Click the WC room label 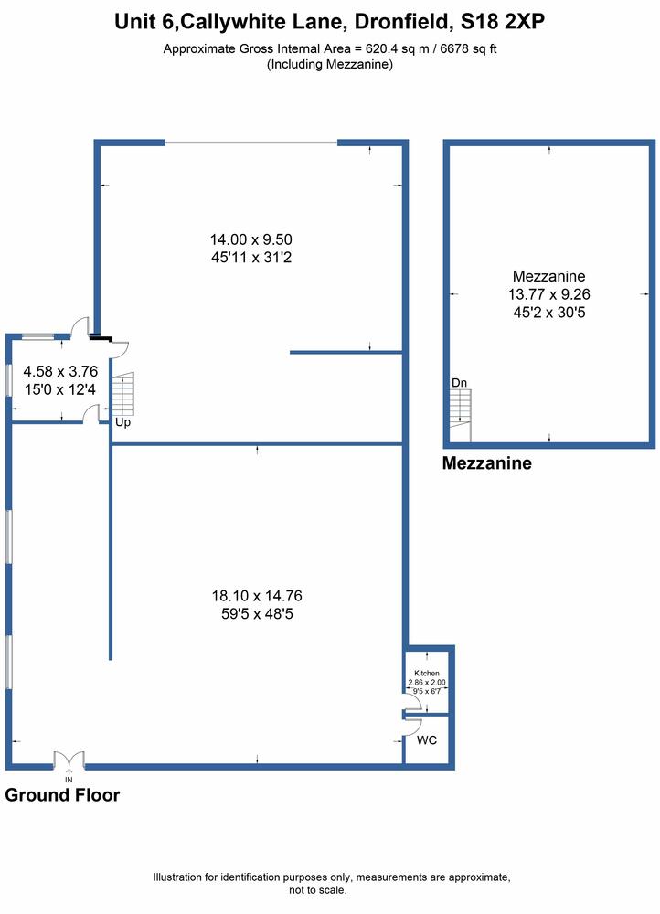click(x=427, y=740)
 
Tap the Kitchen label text click(x=427, y=673)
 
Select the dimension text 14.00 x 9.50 click(x=251, y=239)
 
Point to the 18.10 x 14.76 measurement click(x=257, y=596)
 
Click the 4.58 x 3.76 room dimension click(x=60, y=371)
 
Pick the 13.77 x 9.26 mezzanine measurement click(x=548, y=294)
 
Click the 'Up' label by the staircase click(x=122, y=422)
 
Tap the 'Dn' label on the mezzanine click(x=460, y=383)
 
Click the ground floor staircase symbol click(x=123, y=393)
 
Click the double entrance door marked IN click(x=69, y=760)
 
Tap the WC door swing click(x=413, y=727)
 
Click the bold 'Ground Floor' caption click(x=62, y=795)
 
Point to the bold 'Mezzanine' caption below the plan click(x=487, y=463)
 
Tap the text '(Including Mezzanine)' click(x=330, y=64)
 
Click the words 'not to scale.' click(x=318, y=890)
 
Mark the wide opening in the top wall click(x=251, y=143)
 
